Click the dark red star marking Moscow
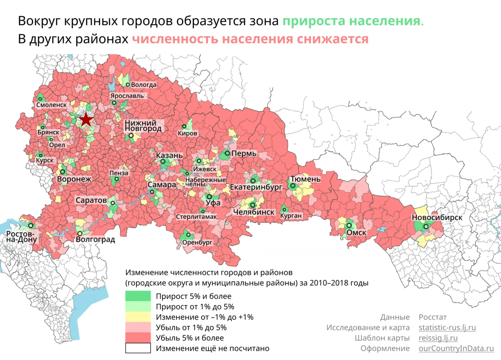[86, 119]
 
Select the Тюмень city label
[305, 179]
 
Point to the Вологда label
[144, 84]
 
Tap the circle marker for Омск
[349, 225]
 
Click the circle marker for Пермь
[227, 153]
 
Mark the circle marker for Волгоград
[80, 233]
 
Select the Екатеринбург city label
[256, 188]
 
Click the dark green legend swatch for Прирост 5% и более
[138, 296]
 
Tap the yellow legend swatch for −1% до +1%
[138, 317]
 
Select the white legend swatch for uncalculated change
[138, 348]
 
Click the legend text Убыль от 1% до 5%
[191, 327]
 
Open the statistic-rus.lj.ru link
[447, 327]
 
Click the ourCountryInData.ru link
[453, 348]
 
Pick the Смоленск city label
[51, 105]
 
